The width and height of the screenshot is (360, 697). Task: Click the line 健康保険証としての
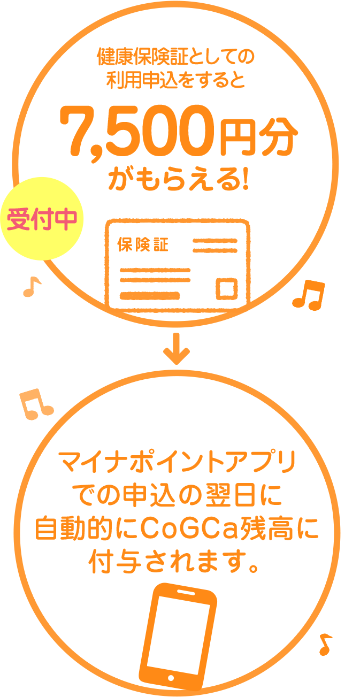click(175, 56)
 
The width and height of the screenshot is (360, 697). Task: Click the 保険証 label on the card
click(143, 245)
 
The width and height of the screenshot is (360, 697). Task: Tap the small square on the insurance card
click(227, 288)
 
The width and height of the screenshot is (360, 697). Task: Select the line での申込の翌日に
click(177, 496)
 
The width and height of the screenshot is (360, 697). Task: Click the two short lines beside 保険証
click(215, 246)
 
